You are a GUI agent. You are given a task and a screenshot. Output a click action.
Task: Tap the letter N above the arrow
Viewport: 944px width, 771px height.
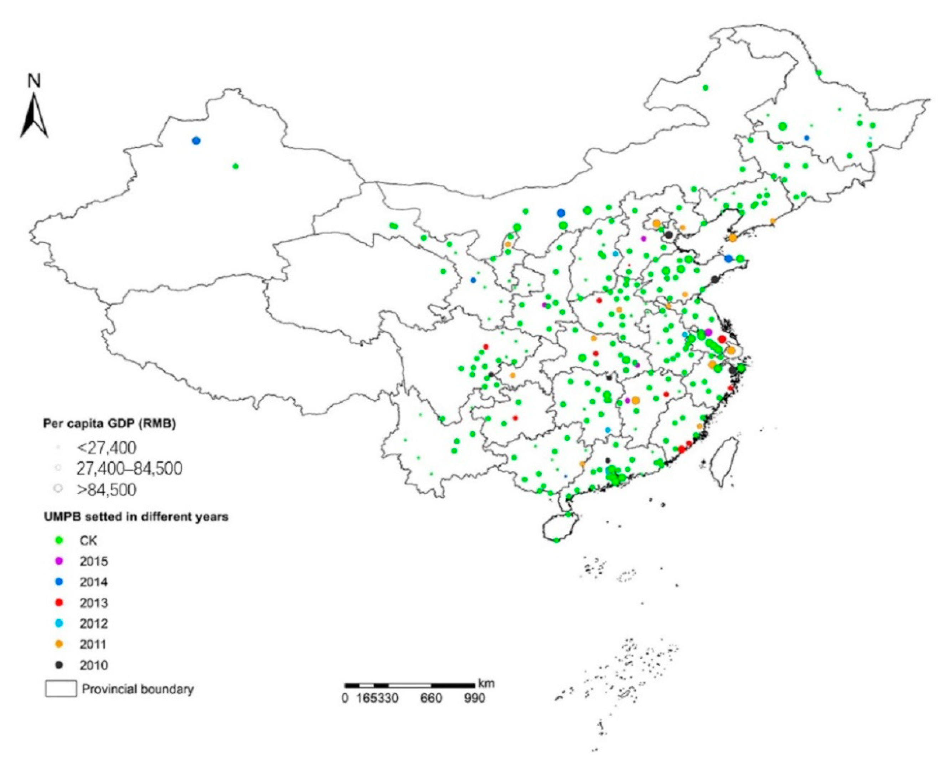click(34, 81)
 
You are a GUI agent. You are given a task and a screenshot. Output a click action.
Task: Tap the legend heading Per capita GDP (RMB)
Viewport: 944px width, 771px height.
click(109, 424)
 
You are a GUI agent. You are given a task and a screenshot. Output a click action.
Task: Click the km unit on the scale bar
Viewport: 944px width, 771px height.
click(487, 683)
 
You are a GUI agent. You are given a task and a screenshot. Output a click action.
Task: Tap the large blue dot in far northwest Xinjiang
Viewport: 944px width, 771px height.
click(196, 141)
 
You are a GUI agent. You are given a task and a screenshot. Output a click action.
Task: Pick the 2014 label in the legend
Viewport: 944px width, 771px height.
click(94, 582)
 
